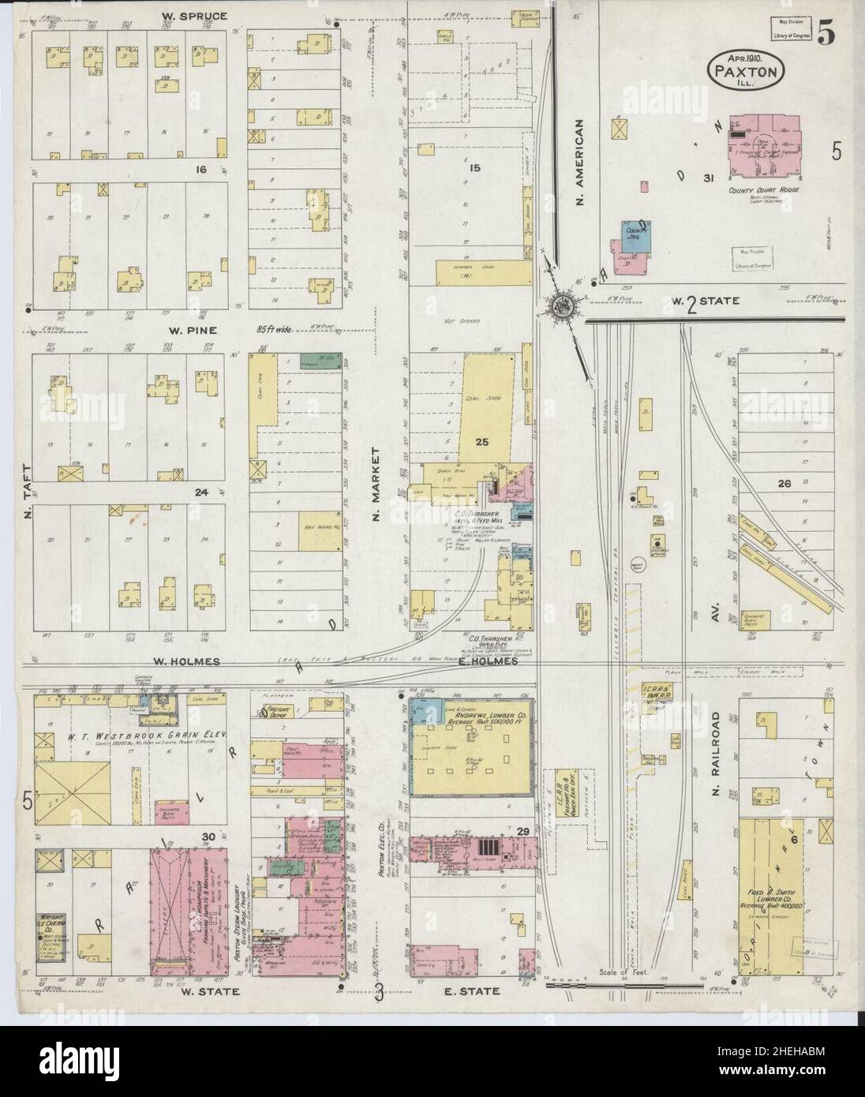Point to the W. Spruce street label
pyautogui.click(x=194, y=16)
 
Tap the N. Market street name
pyautogui.click(x=376, y=490)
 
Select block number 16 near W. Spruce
pyautogui.click(x=201, y=169)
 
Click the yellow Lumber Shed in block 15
pyautogui.click(x=481, y=272)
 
